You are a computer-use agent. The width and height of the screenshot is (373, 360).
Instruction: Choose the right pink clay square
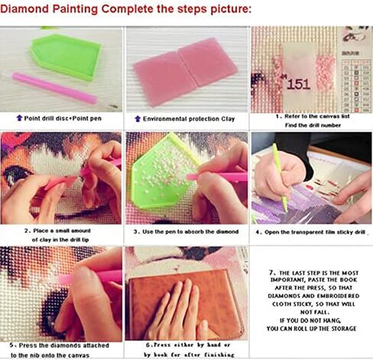(x=205, y=61)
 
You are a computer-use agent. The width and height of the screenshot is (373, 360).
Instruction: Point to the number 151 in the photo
(x=297, y=83)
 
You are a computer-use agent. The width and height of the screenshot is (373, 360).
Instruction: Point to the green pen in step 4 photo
(x=279, y=176)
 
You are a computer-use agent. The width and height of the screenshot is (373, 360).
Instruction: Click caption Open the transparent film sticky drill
(x=311, y=230)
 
